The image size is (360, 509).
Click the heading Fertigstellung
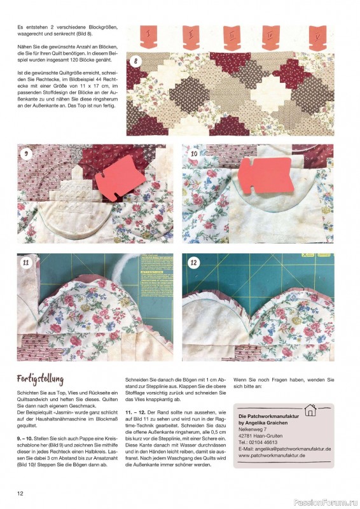click(x=40, y=379)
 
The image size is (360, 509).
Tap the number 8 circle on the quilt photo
click(x=135, y=62)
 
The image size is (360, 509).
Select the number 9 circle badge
click(x=26, y=153)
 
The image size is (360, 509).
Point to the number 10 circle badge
click(x=194, y=153)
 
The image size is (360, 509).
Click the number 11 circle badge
click(x=26, y=263)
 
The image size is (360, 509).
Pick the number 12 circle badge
click(x=194, y=263)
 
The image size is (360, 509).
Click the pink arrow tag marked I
click(x=149, y=36)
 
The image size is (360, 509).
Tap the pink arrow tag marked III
click(x=232, y=38)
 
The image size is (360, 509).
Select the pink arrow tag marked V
click(x=318, y=38)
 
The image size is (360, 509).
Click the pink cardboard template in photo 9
click(x=121, y=176)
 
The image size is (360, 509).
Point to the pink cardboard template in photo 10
click(x=267, y=176)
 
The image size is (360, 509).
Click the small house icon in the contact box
click(x=310, y=410)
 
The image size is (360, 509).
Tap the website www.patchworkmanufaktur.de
click(x=272, y=456)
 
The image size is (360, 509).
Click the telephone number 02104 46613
click(x=263, y=442)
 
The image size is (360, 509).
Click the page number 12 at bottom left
click(x=20, y=494)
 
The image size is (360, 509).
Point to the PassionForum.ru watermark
click(x=326, y=503)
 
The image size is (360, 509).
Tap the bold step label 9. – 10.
click(x=25, y=438)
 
